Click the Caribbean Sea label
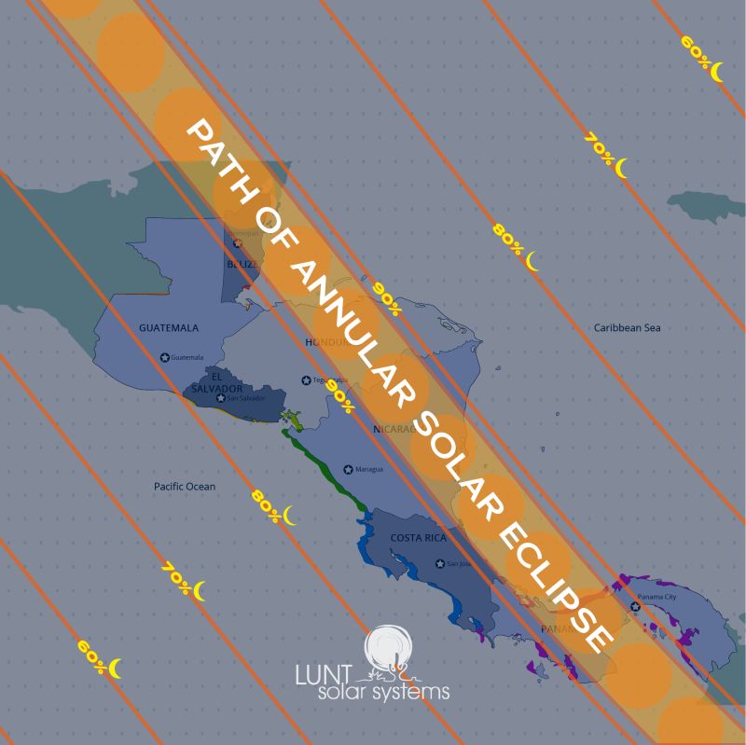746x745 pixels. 627,328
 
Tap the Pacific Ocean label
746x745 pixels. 185,487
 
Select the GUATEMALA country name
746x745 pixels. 169,328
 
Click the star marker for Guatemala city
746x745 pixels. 165,357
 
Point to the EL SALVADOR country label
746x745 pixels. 214,382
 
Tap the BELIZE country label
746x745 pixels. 241,265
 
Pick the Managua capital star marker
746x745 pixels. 348,469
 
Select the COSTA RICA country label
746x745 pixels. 418,538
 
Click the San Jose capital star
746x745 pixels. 440,563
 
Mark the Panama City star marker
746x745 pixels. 635,607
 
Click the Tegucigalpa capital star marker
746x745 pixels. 305,379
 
